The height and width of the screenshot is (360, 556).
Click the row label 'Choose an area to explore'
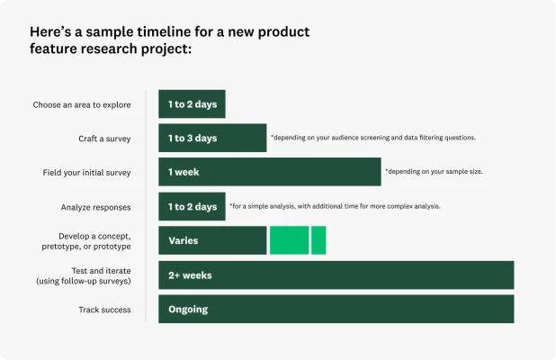pos(82,104)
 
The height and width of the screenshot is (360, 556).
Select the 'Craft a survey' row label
pos(104,139)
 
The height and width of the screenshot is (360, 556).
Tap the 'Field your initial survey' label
pos(87,172)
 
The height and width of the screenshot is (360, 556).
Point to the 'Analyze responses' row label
pos(96,207)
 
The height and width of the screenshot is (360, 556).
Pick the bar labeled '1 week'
pos(270,172)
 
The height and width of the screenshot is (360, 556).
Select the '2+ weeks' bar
pos(336,274)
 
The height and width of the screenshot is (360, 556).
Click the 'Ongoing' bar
pos(336,309)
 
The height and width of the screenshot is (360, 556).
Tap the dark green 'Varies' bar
pos(212,240)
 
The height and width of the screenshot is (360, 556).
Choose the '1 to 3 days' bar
pos(212,138)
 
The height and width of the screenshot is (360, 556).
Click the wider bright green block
pos(289,240)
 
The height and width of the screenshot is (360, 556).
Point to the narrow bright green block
pos(318,240)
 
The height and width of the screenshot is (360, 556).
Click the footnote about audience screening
pos(373,138)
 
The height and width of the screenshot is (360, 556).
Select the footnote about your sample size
pos(435,171)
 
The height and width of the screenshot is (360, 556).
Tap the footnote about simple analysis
pos(335,206)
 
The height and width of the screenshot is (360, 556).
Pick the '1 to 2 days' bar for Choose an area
pos(192,104)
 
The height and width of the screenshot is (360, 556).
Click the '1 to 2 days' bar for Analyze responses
pos(192,206)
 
